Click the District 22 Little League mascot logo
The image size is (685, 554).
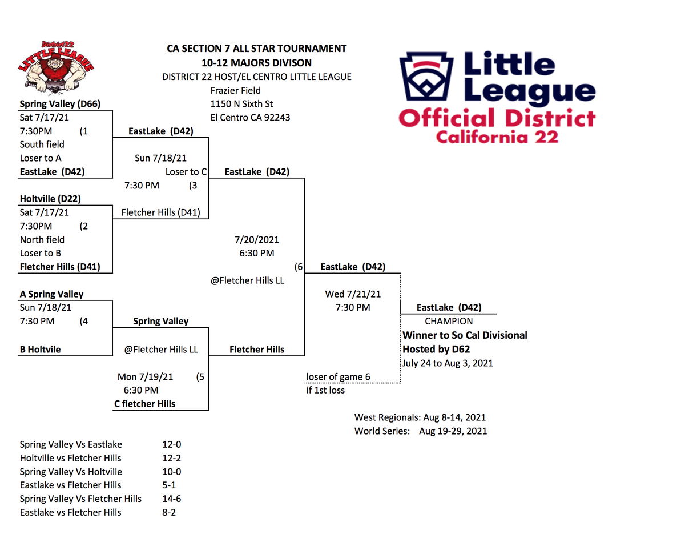point(56,67)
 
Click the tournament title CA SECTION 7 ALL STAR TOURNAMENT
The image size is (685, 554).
point(256,49)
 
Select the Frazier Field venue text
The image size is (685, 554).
point(235,90)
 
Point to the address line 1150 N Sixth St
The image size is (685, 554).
point(241,104)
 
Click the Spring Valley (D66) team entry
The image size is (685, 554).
point(60,104)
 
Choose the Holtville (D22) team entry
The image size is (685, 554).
point(50,199)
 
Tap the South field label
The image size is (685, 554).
point(42,144)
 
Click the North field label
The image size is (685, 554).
point(42,240)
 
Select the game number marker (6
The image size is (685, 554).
point(299,267)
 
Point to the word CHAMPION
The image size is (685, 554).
point(449,321)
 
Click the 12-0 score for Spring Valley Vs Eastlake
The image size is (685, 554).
point(172,444)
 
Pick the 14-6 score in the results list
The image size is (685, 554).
point(172,499)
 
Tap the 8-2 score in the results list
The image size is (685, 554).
point(169,512)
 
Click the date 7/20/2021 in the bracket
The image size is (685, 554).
point(256,240)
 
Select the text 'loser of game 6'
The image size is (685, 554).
point(339,377)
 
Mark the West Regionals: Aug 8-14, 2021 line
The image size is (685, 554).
point(420,417)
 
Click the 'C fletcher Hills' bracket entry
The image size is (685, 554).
point(145,404)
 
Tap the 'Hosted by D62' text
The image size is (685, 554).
point(436,349)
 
